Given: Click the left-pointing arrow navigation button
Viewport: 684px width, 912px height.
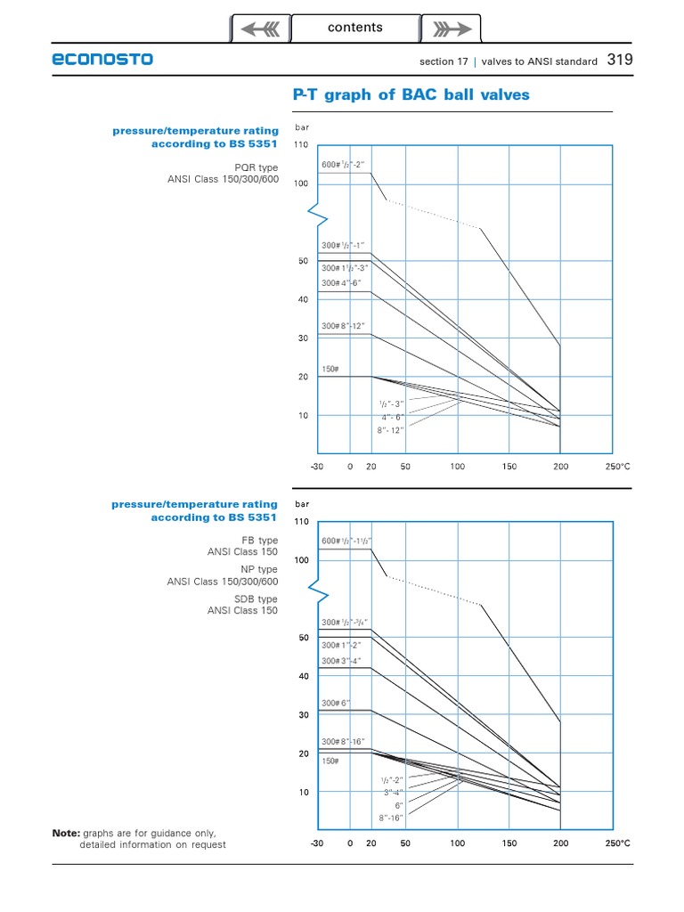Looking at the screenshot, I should [x=260, y=29].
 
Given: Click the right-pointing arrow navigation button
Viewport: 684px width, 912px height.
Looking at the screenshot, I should [x=451, y=29].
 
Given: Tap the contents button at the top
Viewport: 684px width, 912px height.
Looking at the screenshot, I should [x=355, y=28].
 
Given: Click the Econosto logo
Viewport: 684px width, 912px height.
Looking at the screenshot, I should [x=102, y=60].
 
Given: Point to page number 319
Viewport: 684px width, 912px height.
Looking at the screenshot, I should [x=620, y=60].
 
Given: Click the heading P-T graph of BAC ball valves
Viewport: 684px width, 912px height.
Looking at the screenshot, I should [x=411, y=94].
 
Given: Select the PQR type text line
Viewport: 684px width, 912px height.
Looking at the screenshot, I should [x=256, y=167].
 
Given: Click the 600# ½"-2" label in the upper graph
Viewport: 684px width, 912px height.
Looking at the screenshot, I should [x=343, y=165].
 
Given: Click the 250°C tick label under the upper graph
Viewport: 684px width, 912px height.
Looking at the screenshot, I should [x=618, y=466].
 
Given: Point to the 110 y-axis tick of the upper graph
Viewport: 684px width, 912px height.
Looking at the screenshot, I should [x=300, y=144].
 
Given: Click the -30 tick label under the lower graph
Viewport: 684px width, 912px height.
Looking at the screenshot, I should [x=317, y=843].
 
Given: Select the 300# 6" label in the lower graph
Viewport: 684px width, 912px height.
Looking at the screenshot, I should [x=336, y=703].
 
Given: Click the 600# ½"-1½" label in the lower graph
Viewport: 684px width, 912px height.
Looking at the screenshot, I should [x=346, y=541].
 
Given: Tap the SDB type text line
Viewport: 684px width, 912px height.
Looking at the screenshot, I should [x=255, y=599].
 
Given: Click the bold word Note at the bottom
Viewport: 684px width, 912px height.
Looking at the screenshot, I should [x=66, y=833].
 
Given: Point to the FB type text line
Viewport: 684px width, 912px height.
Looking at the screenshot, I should [x=259, y=541].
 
